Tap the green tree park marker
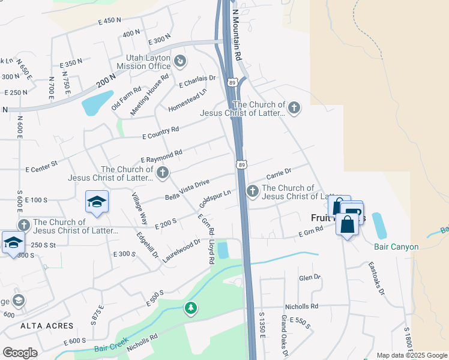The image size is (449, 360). point(191,308)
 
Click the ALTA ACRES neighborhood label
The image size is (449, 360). point(47,326)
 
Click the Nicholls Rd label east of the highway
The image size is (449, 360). point(301,305)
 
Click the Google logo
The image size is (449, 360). point(20,353)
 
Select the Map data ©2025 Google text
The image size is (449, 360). point(411,355)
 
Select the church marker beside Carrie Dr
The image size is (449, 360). point(252,191)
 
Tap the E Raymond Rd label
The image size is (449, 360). point(161,157)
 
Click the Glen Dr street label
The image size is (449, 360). point(310,278)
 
